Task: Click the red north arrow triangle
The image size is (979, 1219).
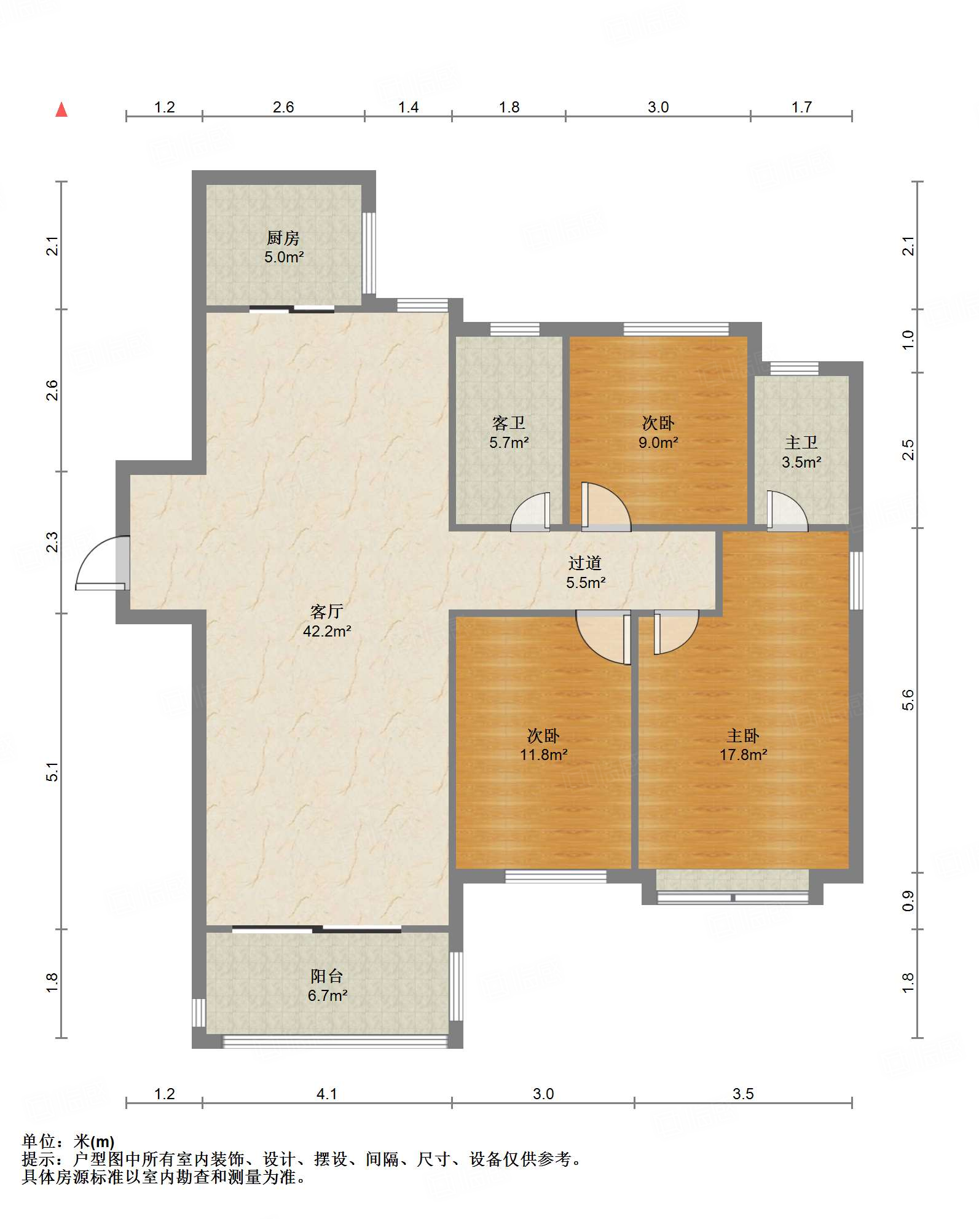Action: pos(61,109)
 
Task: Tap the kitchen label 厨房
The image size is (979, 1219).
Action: pos(283,237)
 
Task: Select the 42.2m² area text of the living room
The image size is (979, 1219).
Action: pos(327,631)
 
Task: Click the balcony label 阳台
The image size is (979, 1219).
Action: pos(327,976)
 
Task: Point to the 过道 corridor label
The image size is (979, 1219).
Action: pos(585,563)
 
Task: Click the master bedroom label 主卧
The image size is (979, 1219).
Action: pos(743,735)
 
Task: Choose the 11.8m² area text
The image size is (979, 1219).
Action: pos(544,755)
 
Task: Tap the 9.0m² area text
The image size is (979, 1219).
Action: pos(658,442)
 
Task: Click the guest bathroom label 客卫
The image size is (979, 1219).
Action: pos(509,423)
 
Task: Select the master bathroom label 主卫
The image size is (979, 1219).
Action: pos(801,442)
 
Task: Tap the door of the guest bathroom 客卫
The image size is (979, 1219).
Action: pos(530,512)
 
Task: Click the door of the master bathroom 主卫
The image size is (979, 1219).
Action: pos(787,511)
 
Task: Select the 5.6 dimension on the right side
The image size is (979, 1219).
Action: pos(908,700)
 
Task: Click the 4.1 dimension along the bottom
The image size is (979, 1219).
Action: pos(327,1094)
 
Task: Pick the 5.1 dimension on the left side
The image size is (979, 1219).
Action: pos(53,771)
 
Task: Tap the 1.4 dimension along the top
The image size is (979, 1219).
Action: pos(408,108)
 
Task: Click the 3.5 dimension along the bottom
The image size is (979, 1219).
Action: pos(743,1094)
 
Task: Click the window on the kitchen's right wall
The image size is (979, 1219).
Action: pos(369,253)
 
